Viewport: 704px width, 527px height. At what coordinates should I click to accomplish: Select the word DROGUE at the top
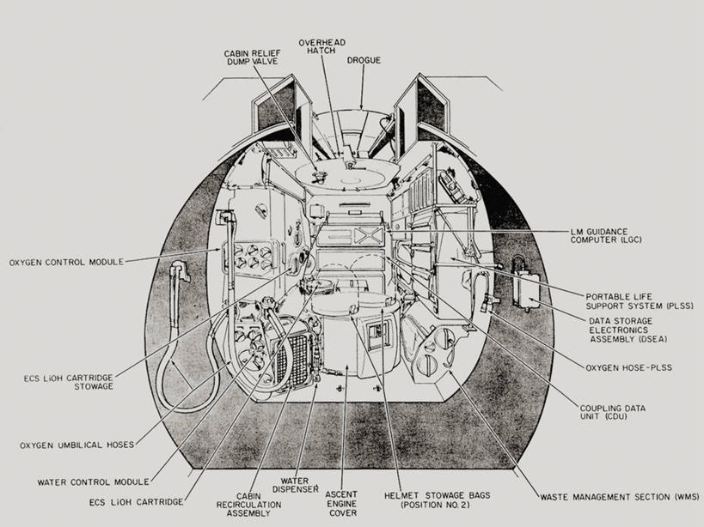pyautogui.click(x=364, y=60)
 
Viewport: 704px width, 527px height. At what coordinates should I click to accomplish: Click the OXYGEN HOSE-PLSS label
pyautogui.click(x=628, y=367)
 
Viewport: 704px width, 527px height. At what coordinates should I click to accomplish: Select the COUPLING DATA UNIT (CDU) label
pyautogui.click(x=613, y=412)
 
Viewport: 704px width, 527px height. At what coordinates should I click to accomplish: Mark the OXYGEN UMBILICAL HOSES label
pyautogui.click(x=77, y=445)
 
